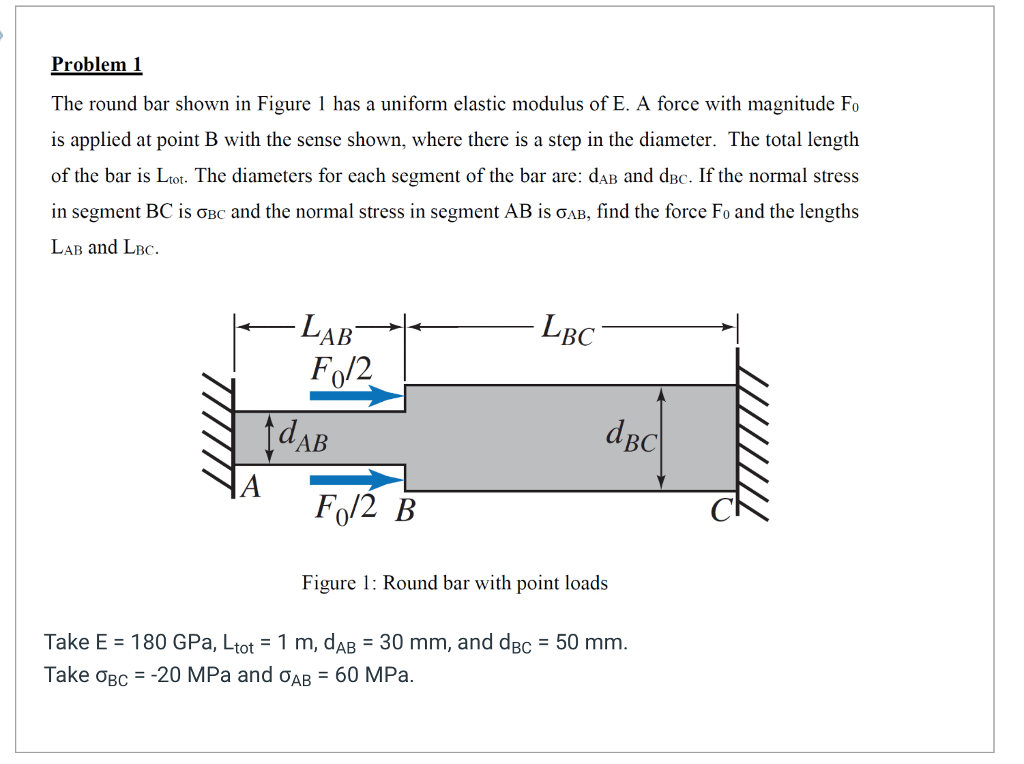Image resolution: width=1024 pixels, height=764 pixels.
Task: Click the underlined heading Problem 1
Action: tap(96, 64)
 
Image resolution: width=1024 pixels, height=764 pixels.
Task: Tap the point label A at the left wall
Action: tap(251, 487)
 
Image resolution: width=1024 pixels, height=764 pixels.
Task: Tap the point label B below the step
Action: tap(405, 510)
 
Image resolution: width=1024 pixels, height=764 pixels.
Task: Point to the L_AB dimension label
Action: tap(327, 329)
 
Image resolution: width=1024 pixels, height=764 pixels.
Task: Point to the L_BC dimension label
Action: tap(568, 330)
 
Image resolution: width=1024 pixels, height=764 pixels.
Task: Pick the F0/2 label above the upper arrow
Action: tap(341, 370)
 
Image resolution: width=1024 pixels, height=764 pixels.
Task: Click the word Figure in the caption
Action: tap(328, 583)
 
